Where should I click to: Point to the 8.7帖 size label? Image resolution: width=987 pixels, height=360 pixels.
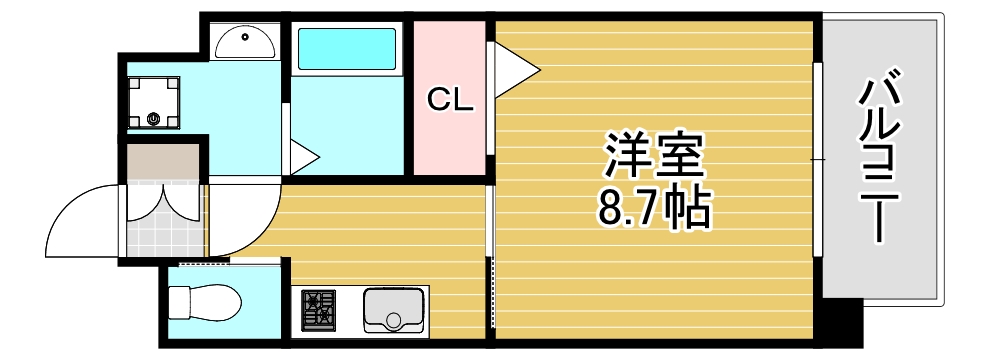tap(655, 208)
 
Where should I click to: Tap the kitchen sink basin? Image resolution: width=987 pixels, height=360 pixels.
tap(394, 310)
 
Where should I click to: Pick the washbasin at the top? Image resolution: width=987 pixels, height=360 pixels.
tap(246, 43)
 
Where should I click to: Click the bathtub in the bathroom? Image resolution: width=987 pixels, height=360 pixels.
tap(346, 48)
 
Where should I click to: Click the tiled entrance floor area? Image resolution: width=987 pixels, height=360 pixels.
tap(160, 235)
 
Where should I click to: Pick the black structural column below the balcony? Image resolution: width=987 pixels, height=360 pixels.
tap(840, 322)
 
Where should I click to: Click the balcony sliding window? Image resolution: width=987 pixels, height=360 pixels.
tap(818, 160)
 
